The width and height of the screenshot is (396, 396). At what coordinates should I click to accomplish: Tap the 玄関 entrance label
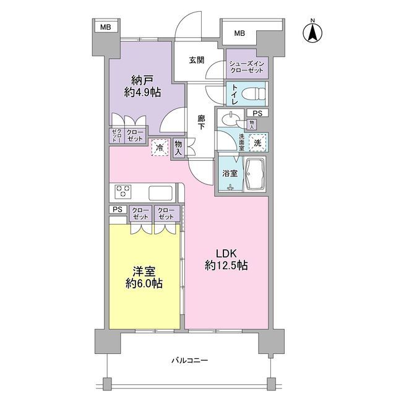(197, 60)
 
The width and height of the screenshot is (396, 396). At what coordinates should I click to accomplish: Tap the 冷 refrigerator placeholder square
(160, 147)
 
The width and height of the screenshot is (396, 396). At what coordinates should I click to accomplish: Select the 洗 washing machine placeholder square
(258, 142)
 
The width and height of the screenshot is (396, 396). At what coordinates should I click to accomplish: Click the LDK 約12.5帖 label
(226, 259)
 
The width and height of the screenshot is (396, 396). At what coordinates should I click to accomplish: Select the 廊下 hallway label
(202, 121)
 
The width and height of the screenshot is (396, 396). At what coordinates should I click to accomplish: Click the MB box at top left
(106, 27)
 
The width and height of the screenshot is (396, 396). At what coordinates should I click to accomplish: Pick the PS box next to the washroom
(257, 113)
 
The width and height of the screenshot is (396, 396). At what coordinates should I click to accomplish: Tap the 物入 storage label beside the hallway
(178, 148)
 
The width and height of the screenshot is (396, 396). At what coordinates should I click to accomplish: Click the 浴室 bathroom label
(229, 173)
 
